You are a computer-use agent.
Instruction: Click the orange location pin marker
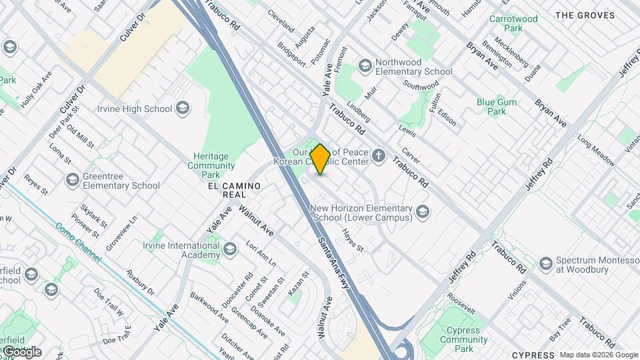(320, 159)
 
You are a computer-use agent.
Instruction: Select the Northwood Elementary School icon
(365, 65)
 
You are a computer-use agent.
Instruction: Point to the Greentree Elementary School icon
(73, 179)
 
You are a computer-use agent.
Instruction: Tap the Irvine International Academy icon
(229, 249)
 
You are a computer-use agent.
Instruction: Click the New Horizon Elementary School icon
(422, 212)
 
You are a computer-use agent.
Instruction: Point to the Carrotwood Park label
(513, 25)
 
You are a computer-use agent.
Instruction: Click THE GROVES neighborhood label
(583, 15)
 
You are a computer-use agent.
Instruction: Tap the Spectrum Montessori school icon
(545, 264)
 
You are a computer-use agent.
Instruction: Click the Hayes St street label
(353, 241)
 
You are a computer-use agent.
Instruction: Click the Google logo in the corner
(21, 351)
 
